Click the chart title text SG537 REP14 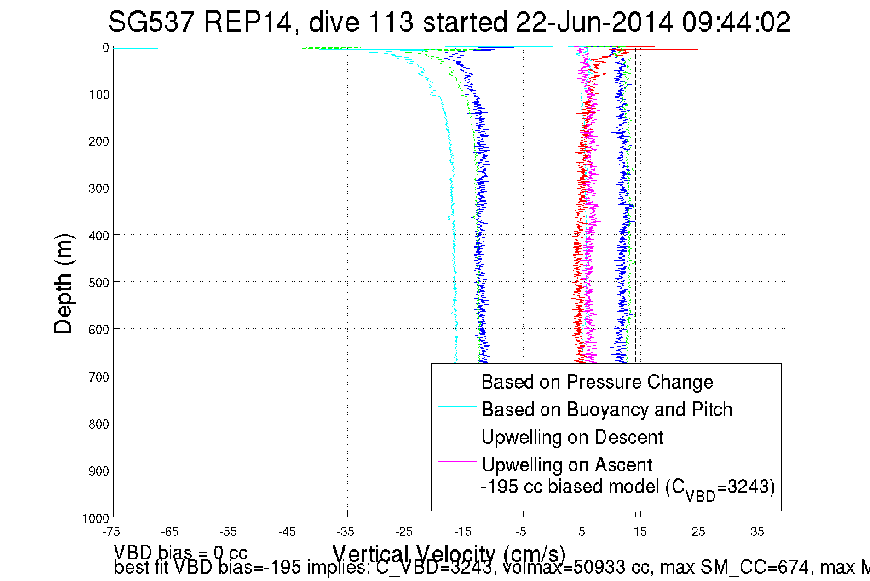200,22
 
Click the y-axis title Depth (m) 63,284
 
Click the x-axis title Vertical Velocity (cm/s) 448,554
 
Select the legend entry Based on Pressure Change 597,382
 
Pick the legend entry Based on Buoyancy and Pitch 606,409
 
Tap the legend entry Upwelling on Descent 572,437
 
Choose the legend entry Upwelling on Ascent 566,465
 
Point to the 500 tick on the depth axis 99,282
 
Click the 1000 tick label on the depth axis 96,518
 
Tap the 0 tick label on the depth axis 105,47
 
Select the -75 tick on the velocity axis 111,532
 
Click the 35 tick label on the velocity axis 757,532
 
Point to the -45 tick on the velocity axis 287,532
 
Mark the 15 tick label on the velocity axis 640,532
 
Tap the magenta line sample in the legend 457,461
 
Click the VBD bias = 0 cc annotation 180,552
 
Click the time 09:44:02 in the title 736,22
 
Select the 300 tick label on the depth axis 99,188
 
